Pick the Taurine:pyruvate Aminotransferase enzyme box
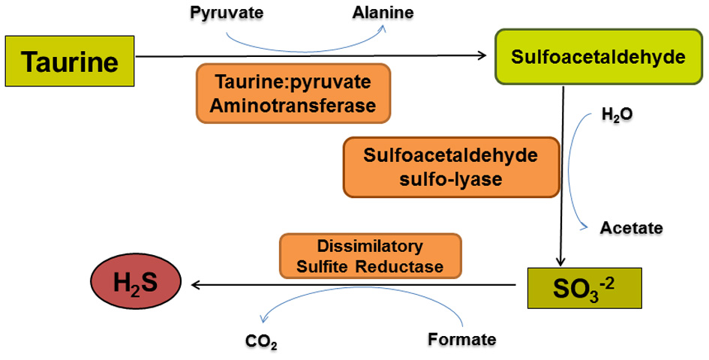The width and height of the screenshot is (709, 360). tap(293, 93)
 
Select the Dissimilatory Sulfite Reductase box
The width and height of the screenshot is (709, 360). tap(370, 256)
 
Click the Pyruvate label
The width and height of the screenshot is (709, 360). tap(219, 13)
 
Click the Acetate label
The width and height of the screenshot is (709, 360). tap(631, 227)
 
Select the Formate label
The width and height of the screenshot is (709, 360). tap(462, 339)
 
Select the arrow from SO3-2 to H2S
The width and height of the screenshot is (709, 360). tap(353, 285)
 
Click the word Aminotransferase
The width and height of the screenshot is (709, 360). tap(293, 106)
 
